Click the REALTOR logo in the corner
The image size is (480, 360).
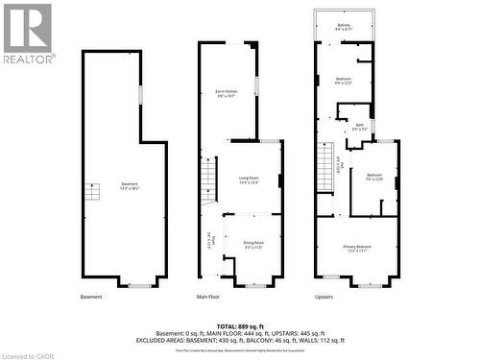pyautogui.click(x=27, y=32)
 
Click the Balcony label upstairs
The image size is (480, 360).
pyautogui.click(x=344, y=27)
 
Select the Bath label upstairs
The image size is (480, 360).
pyautogui.click(x=359, y=127)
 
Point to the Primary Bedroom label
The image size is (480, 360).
pyautogui.click(x=358, y=249)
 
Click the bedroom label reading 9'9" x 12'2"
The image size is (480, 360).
pyautogui.click(x=344, y=81)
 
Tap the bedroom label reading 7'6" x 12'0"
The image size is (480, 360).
pyautogui.click(x=373, y=177)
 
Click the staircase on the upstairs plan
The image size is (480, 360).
pyautogui.click(x=326, y=170)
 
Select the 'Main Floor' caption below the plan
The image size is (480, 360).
pyautogui.click(x=208, y=297)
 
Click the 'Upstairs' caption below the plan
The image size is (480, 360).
pyautogui.click(x=324, y=297)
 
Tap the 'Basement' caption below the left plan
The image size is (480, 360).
pyautogui.click(x=91, y=297)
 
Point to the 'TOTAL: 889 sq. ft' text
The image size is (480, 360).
pyautogui.click(x=239, y=326)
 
